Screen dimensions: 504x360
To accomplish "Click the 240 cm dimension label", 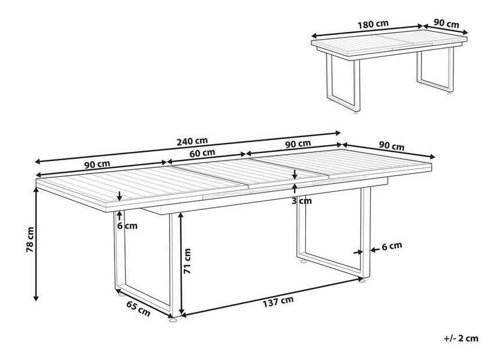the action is [192, 141].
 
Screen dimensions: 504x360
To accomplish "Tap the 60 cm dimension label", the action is [202, 153].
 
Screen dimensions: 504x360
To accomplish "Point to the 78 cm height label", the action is [30, 240].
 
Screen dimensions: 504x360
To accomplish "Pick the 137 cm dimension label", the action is [278, 301].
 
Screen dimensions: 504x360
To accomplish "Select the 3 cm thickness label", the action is [302, 201].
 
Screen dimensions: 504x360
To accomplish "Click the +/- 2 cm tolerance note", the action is [461, 338].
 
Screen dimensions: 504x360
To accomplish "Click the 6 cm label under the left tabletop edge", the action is [127, 226].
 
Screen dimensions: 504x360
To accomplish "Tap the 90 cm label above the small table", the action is [446, 23].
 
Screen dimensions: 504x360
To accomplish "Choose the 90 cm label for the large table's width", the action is [391, 147].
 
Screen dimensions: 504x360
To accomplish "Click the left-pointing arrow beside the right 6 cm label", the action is [374, 249].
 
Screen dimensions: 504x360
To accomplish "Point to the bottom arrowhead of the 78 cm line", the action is [36, 298].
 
